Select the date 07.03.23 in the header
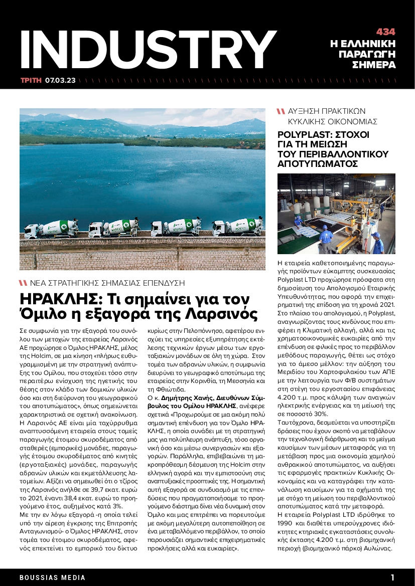tap(60, 80)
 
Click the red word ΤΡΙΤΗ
tap(31, 80)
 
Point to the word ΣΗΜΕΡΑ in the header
tap(374, 65)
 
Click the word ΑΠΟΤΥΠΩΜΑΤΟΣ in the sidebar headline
tap(317, 164)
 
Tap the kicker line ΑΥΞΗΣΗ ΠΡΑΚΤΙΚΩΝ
tap(327, 111)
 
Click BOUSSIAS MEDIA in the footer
tap(53, 577)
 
